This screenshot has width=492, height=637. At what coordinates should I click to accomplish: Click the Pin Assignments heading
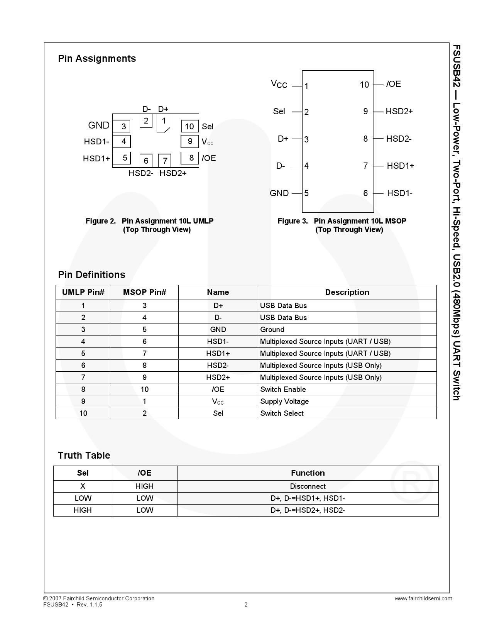97,59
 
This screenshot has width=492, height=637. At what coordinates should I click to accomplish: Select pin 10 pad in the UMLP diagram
189,126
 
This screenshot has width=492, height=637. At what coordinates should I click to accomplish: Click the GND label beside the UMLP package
99,125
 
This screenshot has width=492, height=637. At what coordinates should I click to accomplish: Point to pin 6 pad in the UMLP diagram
146,160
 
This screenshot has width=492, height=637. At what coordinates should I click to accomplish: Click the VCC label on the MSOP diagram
279,84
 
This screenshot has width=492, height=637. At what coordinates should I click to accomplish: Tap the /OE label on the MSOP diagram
394,84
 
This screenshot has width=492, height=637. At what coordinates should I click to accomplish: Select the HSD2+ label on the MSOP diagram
399,112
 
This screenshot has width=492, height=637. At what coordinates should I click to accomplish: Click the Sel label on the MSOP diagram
279,112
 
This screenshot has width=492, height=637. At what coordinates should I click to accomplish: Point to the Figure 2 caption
150,225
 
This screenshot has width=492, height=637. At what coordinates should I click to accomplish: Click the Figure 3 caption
342,225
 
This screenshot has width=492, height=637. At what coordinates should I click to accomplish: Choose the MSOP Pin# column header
145,292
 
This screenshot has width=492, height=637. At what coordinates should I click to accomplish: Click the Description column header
347,292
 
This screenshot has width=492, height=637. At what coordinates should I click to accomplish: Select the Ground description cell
272,330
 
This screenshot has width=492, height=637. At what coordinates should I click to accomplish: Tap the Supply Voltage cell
284,402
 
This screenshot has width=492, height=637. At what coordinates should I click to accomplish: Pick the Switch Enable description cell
283,390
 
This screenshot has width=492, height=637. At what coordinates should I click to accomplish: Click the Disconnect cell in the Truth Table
308,486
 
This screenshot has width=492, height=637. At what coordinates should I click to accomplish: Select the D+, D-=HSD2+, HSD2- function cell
308,510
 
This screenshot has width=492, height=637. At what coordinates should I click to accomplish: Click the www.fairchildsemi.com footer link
423,598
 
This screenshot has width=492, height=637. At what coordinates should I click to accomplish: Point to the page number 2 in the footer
246,605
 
